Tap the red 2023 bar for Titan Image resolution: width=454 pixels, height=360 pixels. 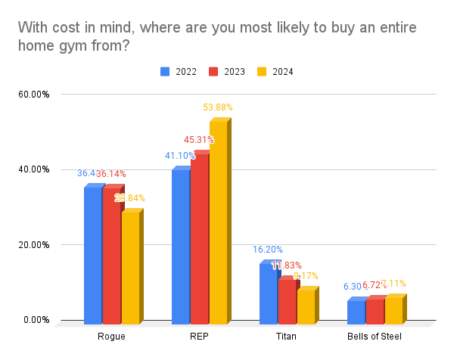click(286, 302)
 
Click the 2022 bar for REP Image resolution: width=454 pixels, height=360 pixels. click(180, 247)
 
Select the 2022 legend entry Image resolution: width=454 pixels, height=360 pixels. click(179, 72)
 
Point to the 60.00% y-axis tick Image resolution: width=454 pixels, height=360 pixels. click(34, 95)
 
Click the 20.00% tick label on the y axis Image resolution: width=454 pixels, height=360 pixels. click(34, 244)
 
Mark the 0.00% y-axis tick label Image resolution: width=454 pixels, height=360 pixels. click(36, 320)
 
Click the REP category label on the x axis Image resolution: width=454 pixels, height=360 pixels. click(199, 336)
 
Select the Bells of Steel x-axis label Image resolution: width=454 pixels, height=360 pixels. click(374, 336)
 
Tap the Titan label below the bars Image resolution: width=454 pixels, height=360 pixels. click(286, 336)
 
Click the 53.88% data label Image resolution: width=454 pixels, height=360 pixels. click(218, 107)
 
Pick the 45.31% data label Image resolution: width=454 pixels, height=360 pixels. click(199, 140)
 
